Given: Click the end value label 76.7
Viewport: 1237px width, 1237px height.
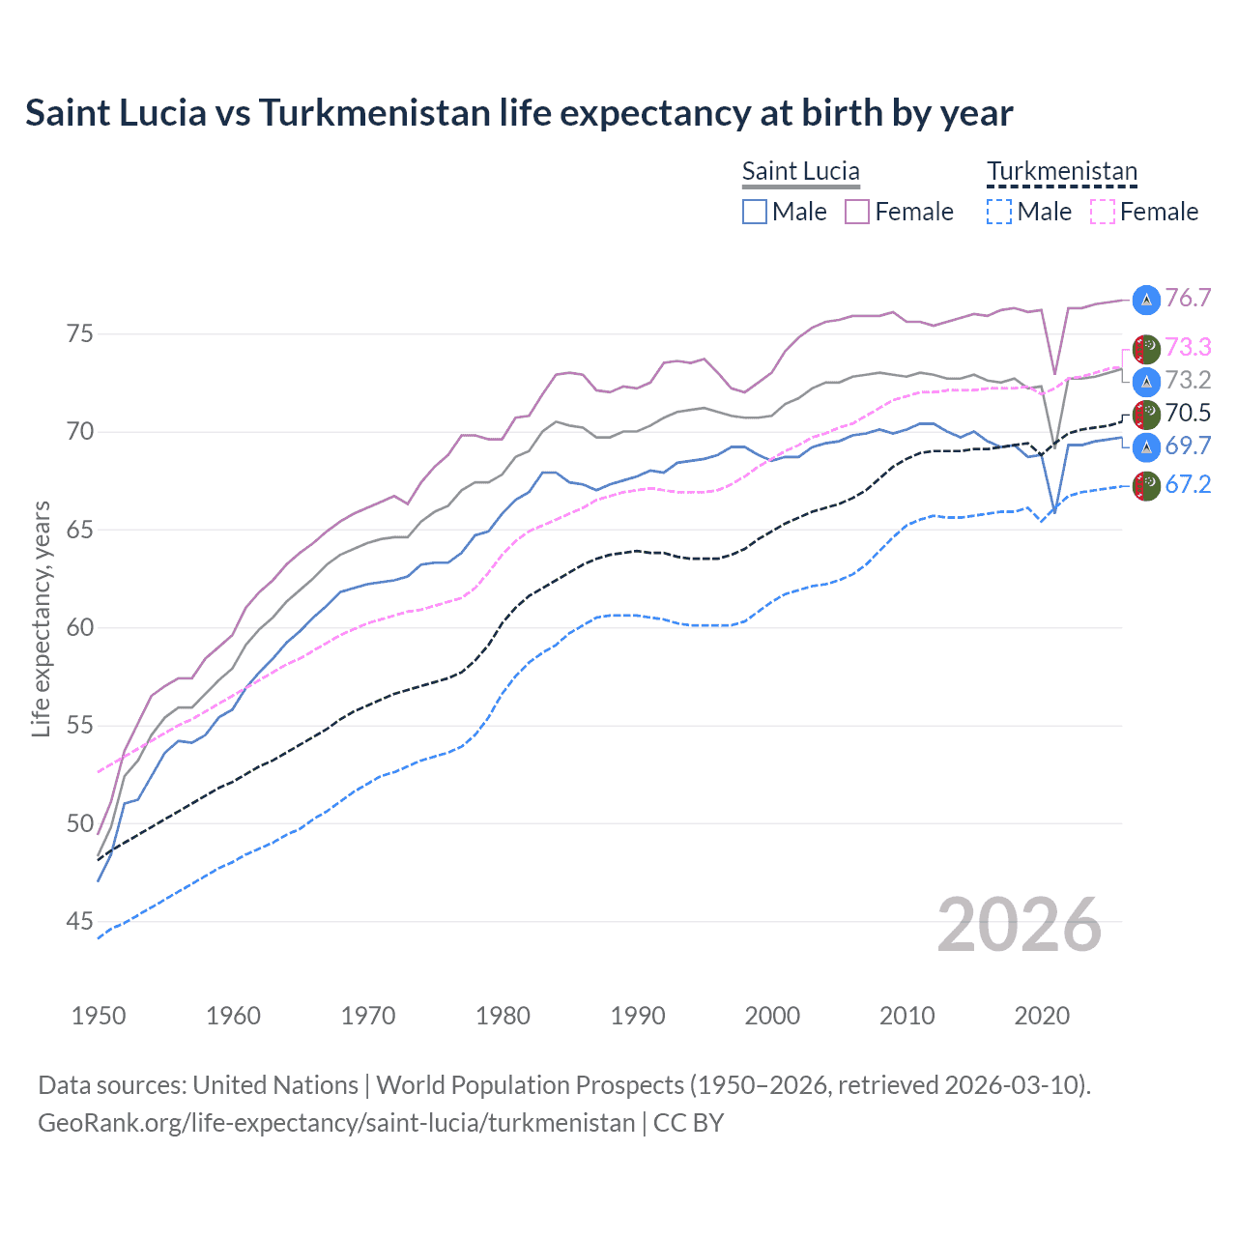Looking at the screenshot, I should point(1188,299).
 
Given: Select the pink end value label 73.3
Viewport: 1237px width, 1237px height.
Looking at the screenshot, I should point(1188,347).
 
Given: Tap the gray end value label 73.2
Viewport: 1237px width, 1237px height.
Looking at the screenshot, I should point(1188,380).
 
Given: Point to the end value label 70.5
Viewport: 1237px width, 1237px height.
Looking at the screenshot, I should point(1188,414).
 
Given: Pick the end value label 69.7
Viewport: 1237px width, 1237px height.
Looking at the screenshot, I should point(1188,446).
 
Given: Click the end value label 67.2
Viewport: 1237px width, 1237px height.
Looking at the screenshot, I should point(1188,485).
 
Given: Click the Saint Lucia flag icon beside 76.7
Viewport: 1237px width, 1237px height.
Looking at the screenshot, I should point(1146,300).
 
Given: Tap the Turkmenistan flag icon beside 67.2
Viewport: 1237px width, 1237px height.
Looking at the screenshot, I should point(1146,486).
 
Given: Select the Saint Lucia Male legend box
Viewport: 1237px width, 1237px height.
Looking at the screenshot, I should point(755,212).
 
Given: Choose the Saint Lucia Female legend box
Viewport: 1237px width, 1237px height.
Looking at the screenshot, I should point(857,212).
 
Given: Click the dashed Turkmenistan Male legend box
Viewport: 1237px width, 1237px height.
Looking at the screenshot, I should point(999,212).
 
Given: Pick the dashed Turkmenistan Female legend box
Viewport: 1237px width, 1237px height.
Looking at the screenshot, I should point(1103,212).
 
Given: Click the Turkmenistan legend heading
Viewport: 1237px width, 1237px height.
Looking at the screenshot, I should point(1062,172).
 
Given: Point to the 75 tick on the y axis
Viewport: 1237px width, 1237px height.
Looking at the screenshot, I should point(80,334).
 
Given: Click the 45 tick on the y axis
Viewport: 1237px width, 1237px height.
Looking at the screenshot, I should point(80,922).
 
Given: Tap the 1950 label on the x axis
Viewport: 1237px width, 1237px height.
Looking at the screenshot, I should point(99,1016).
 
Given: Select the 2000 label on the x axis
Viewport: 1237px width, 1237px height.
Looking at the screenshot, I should point(772,1016).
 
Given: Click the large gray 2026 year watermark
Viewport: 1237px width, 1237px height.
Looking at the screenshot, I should point(1019,925).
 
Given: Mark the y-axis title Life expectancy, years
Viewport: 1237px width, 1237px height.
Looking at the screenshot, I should point(42,618).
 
